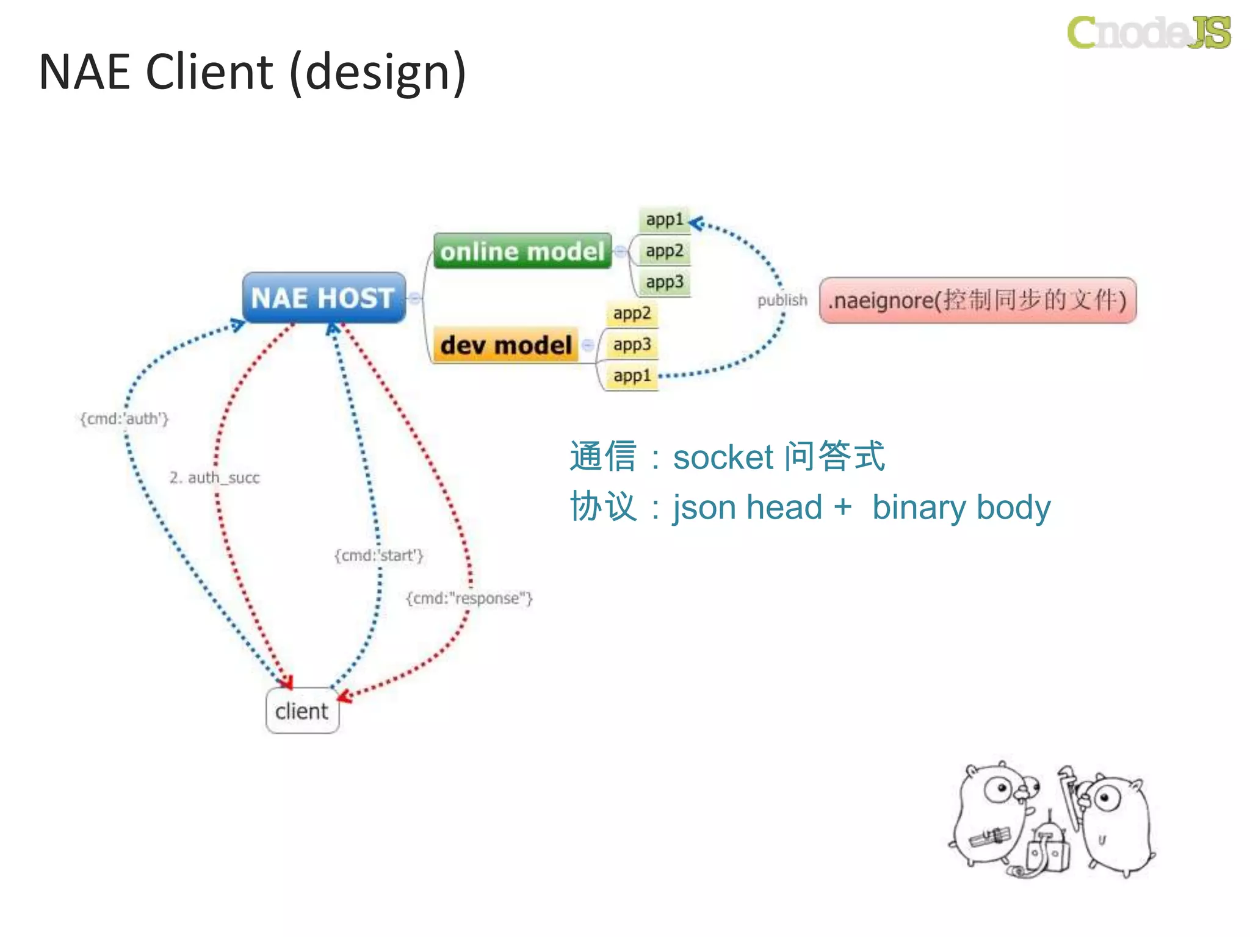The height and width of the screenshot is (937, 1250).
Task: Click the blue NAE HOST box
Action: [323, 298]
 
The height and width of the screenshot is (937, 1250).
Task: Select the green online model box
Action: [522, 251]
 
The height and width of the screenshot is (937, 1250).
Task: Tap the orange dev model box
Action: [505, 345]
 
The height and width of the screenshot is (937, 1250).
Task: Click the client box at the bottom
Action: [302, 711]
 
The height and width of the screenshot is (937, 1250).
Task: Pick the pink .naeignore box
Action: [977, 300]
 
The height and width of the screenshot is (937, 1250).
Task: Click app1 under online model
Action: [664, 220]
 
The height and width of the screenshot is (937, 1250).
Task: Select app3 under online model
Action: [664, 282]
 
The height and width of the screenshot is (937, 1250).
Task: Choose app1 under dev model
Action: [632, 376]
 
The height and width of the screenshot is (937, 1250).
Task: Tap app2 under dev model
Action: [632, 314]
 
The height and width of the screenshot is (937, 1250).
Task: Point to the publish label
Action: [782, 300]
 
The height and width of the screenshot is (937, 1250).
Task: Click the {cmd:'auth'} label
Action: [124, 418]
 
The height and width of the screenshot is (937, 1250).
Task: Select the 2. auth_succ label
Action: [214, 477]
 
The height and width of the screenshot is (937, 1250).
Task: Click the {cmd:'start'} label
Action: [378, 555]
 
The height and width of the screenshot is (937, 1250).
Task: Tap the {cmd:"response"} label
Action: [469, 598]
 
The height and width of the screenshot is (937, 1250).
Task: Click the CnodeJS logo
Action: [1149, 32]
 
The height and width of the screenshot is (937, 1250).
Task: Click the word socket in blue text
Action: [723, 458]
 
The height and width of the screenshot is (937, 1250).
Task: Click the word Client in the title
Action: [209, 72]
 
